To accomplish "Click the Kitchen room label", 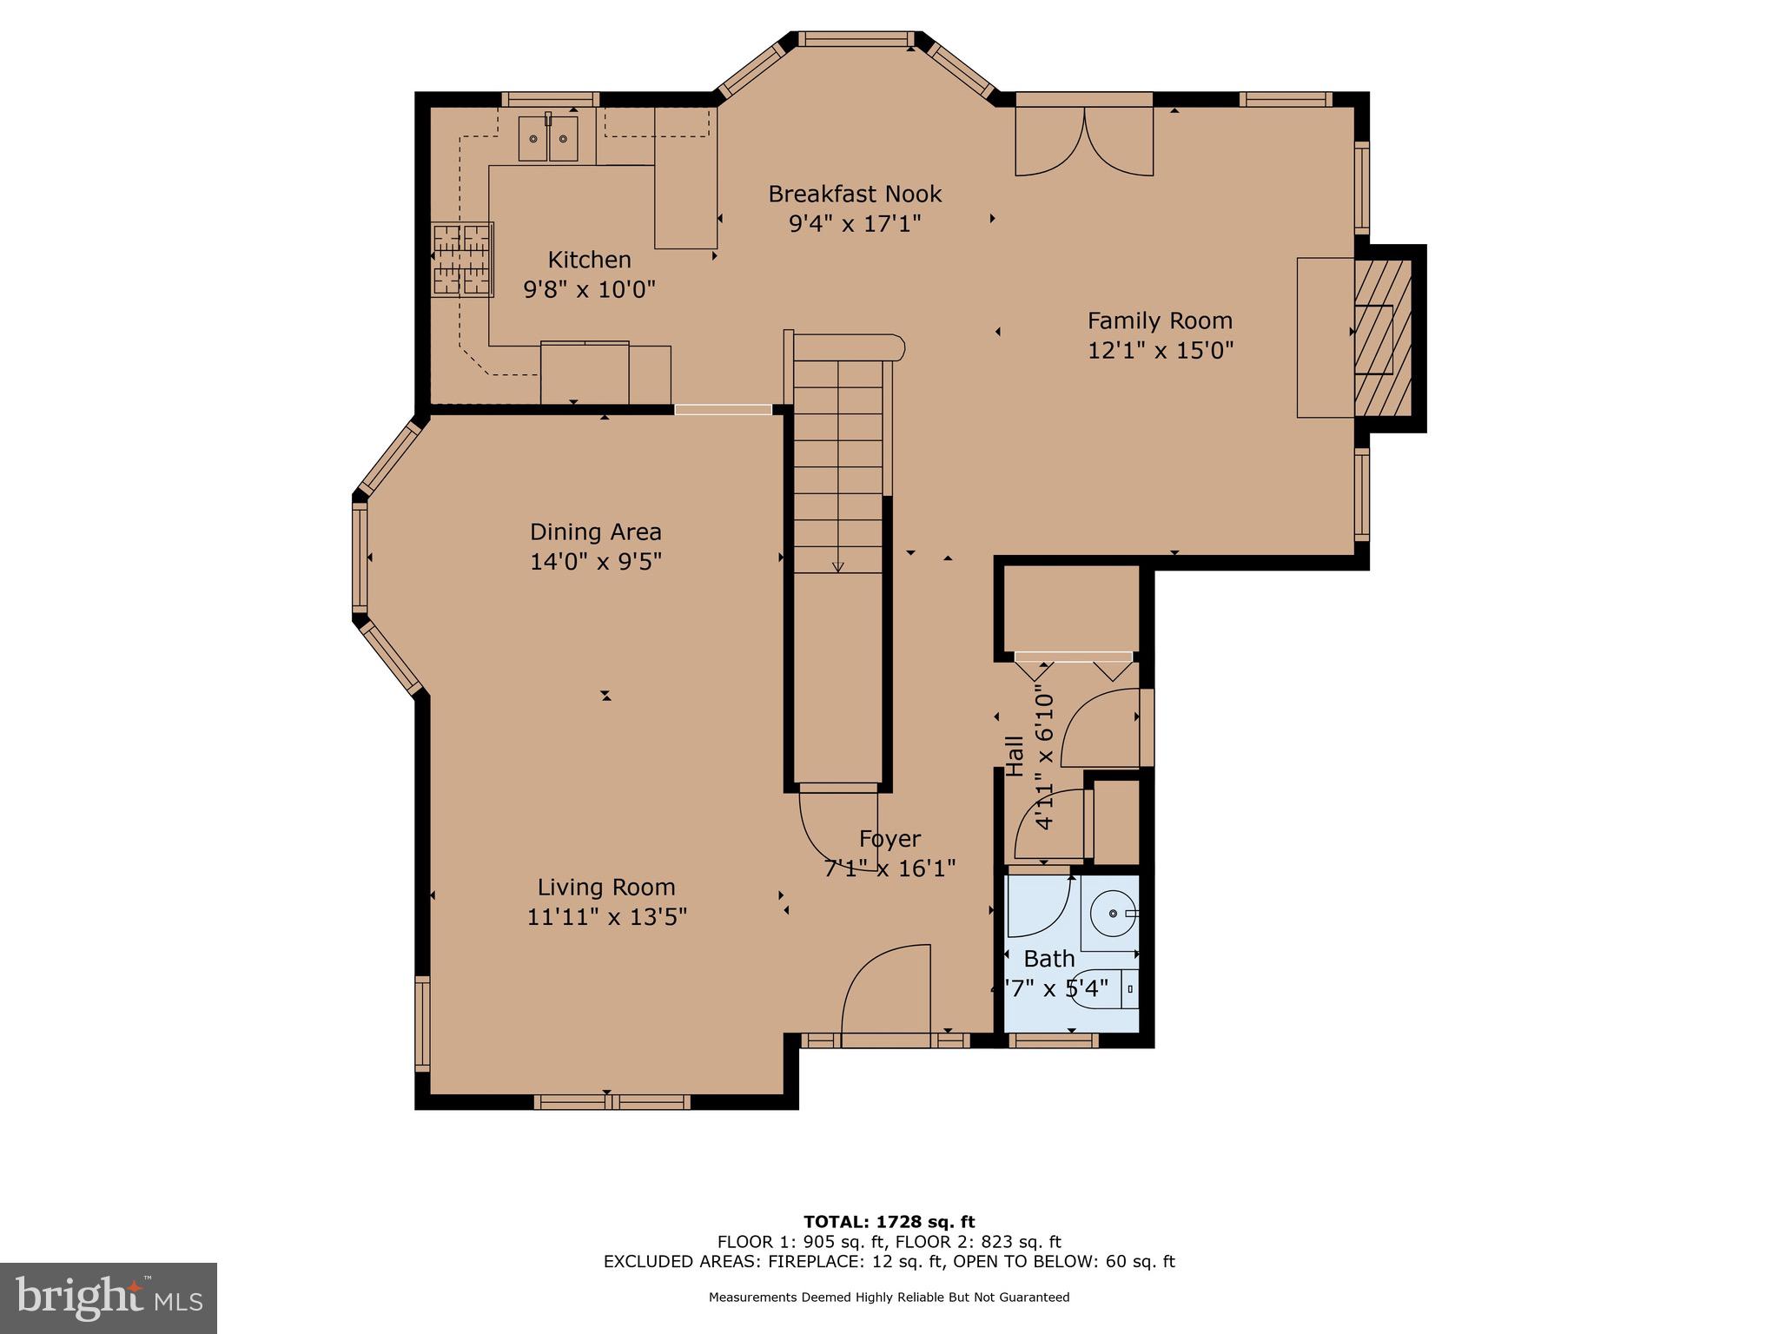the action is click(589, 260).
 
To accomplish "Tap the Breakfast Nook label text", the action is click(855, 194).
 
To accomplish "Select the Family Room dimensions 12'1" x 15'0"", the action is click(1161, 350).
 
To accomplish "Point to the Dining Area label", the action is click(596, 532).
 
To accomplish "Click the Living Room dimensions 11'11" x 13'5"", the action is click(606, 917).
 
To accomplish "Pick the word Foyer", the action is click(889, 839).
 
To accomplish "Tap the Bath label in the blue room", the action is click(1049, 959).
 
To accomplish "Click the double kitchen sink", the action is click(548, 139).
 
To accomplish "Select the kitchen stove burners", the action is click(463, 260).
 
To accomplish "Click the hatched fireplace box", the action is click(1382, 339).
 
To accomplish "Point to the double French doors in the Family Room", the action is click(1085, 142).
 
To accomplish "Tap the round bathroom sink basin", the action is click(1113, 914).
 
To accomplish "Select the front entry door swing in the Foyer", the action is click(886, 989).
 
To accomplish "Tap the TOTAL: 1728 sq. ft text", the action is click(889, 1222).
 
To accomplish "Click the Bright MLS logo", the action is click(109, 1298).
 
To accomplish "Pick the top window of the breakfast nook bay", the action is click(856, 39).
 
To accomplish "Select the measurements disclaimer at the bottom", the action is click(889, 1298).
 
